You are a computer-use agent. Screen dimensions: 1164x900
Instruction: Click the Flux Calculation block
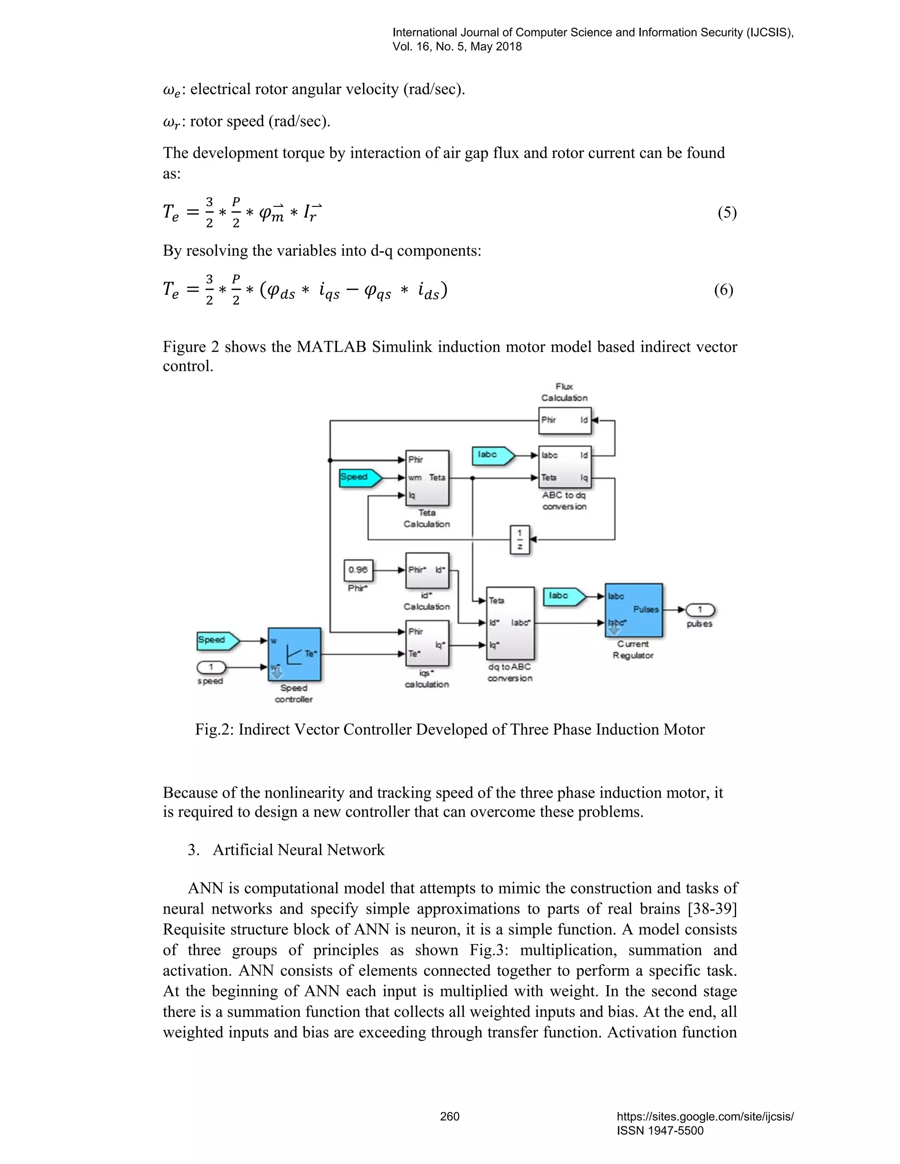pos(565,420)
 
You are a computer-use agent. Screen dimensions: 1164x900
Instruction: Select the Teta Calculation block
pos(427,477)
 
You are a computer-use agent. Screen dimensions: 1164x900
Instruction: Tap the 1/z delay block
pos(520,540)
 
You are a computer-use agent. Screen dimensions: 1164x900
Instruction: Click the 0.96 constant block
pos(358,570)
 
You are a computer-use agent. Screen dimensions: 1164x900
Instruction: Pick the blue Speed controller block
pos(294,654)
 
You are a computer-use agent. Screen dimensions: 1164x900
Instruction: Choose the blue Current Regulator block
pos(633,610)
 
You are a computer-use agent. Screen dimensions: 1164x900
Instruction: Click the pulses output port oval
pos(700,610)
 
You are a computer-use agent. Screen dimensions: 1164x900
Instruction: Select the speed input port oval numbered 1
pos(211,667)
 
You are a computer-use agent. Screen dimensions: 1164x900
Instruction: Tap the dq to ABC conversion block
pos(510,622)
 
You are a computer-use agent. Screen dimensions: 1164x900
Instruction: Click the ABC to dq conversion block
pos(565,467)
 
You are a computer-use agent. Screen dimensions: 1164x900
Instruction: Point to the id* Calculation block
pos(427,570)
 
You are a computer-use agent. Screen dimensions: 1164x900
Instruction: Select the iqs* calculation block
pos(427,643)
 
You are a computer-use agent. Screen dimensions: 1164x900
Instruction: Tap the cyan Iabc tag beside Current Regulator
pos(563,596)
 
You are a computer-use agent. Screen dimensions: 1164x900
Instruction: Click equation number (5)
pos(727,213)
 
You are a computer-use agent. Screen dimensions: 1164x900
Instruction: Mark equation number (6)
pos(723,290)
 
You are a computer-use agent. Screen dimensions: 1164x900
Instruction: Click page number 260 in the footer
pos(450,1117)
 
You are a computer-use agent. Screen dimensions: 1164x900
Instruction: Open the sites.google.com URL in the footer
pos(705,1117)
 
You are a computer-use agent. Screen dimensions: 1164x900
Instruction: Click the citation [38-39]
pos(712,909)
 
